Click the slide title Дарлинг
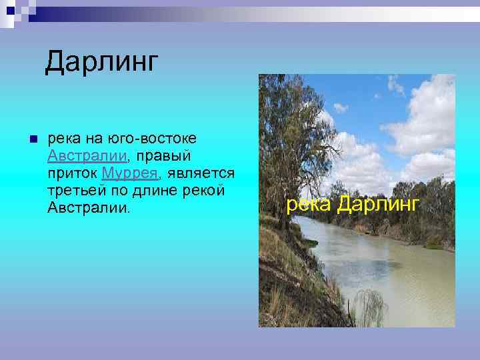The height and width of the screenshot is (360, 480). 102,62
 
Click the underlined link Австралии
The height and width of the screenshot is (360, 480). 87,156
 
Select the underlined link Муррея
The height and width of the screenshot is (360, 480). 129,173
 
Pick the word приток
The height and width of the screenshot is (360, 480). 73,173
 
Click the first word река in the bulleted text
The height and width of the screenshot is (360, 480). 65,139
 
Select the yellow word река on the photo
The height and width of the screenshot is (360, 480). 309,203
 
